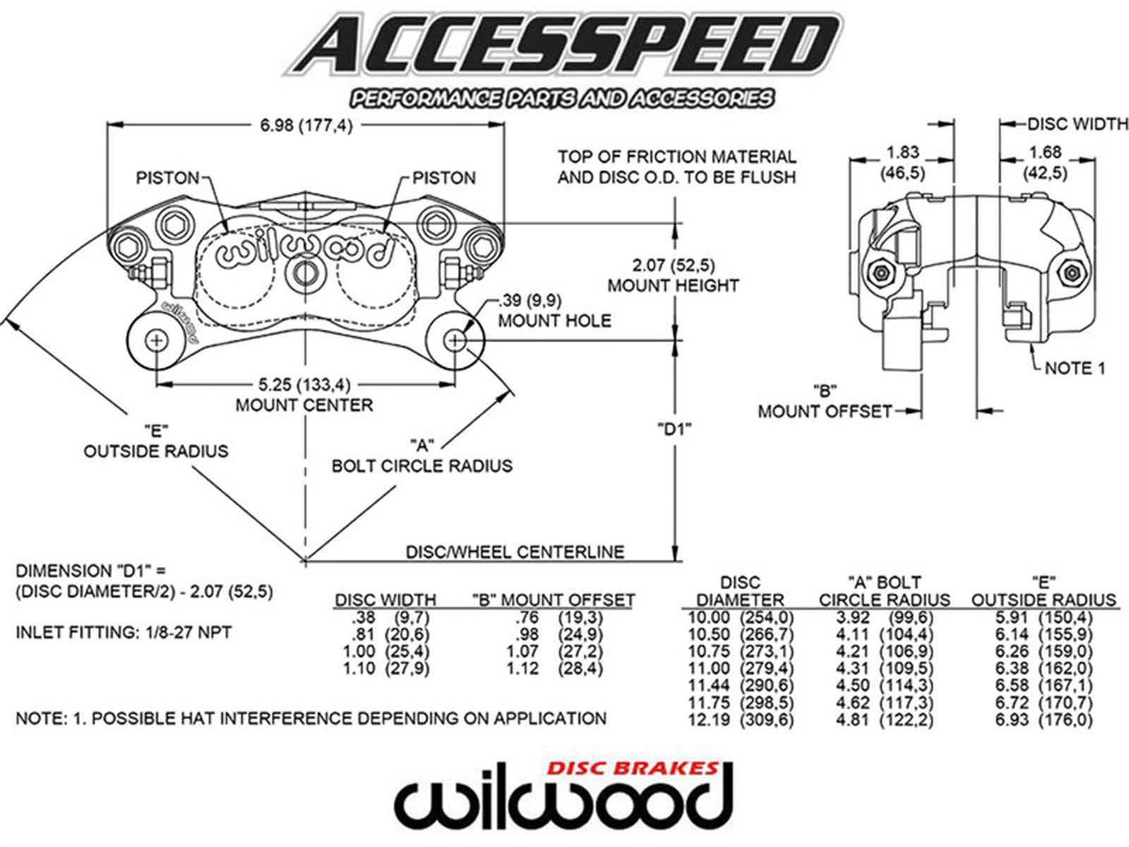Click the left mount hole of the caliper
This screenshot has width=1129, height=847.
click(x=155, y=341)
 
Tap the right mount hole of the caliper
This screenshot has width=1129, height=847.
click(x=455, y=341)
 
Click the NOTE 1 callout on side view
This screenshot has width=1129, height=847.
click(x=1075, y=368)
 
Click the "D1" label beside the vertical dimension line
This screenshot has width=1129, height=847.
click(x=674, y=428)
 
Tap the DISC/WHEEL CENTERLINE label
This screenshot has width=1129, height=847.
click(x=514, y=551)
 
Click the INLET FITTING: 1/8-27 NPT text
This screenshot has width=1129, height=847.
click(x=123, y=632)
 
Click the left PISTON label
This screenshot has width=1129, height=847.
click(x=167, y=177)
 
